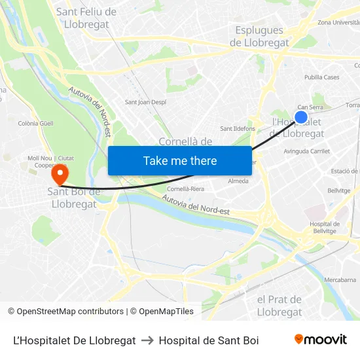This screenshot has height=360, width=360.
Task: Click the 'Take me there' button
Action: tap(180, 160)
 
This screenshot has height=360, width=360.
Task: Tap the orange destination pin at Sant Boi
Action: tap(60, 174)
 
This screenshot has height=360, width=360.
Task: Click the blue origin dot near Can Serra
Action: tap(301, 117)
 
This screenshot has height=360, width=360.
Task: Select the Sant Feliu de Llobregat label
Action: tap(86, 18)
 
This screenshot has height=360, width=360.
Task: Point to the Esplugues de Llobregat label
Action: tap(259, 37)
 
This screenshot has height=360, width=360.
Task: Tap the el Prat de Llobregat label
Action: tap(279, 306)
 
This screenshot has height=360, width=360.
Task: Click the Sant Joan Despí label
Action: tap(145, 102)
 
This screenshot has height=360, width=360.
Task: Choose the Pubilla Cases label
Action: tap(322, 77)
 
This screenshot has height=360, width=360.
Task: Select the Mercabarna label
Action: tap(340, 279)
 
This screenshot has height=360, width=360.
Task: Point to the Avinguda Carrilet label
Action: tap(307, 151)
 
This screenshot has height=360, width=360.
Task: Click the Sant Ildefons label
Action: tap(238, 128)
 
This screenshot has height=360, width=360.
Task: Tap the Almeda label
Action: tap(238, 181)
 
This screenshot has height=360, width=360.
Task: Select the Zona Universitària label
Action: tap(338, 22)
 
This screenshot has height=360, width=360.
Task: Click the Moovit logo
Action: tap(321, 340)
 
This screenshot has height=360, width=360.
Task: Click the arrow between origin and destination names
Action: tap(147, 340)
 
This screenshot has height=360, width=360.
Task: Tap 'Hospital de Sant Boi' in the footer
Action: tap(209, 340)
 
